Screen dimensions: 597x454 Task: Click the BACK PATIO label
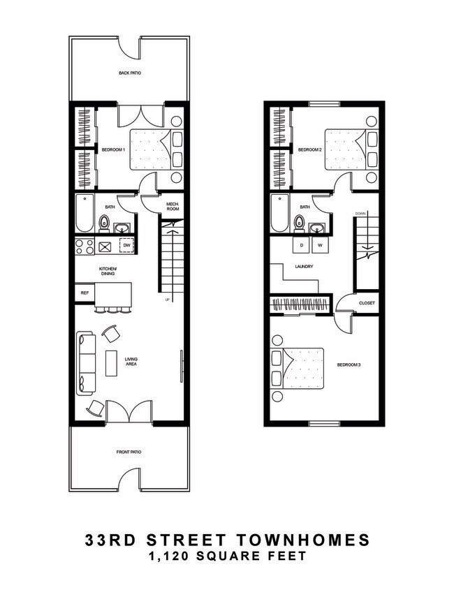pyautogui.click(x=129, y=73)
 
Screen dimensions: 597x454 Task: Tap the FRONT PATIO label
pyautogui.click(x=129, y=452)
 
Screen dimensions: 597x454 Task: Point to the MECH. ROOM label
pyautogui.click(x=174, y=207)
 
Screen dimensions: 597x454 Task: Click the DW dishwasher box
pyautogui.click(x=126, y=246)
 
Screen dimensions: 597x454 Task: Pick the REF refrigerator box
pyautogui.click(x=85, y=293)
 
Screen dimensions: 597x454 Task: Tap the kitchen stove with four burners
pyautogui.click(x=85, y=246)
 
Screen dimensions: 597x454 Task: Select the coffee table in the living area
pyautogui.click(x=112, y=363)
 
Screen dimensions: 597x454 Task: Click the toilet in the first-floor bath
pyautogui.click(x=104, y=223)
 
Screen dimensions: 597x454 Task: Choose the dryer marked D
pyautogui.click(x=302, y=246)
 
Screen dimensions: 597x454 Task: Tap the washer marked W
pyautogui.click(x=321, y=246)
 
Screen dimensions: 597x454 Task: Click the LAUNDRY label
pyautogui.click(x=304, y=266)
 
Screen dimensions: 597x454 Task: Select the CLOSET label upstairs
pyautogui.click(x=367, y=303)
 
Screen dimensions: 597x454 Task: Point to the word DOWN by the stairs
pyautogui.click(x=360, y=213)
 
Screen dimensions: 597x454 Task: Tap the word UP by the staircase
pyautogui.click(x=167, y=300)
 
